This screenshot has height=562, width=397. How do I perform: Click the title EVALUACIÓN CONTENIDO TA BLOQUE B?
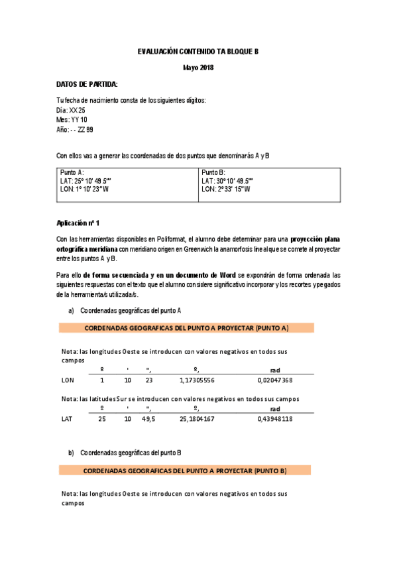(198, 51)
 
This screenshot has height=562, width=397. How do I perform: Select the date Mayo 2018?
(198, 68)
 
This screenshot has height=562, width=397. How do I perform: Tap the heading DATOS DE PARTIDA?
(87, 84)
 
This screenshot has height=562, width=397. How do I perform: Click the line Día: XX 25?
(71, 110)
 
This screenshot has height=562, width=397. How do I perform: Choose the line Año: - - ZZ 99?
(75, 129)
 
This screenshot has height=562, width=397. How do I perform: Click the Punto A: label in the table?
(72, 172)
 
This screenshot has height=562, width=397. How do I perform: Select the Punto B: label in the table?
(213, 172)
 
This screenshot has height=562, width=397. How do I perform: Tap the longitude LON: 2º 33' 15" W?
(225, 189)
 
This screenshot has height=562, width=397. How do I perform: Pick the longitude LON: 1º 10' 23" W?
(84, 189)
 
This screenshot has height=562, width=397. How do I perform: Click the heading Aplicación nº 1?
(78, 223)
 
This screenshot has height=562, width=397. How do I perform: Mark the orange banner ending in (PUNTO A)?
(186, 328)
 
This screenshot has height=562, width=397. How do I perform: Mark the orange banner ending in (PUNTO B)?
(186, 471)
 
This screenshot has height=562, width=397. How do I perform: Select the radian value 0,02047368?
(275, 380)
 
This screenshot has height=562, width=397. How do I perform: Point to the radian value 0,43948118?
(275, 419)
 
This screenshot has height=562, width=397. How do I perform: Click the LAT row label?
(67, 419)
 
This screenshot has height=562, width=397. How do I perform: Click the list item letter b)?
(71, 453)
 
